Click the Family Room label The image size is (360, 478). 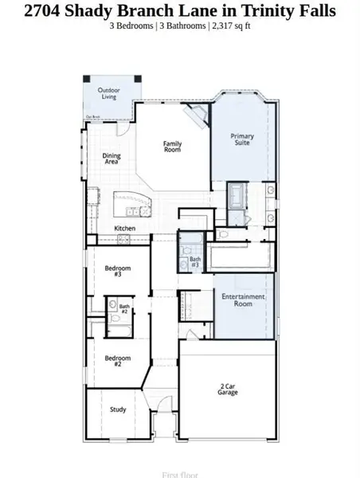pos(172,147)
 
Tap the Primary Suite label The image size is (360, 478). pos(242,139)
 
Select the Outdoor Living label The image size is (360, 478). pos(109,94)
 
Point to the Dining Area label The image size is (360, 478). pos(112,159)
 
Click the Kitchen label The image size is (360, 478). pos(125,229)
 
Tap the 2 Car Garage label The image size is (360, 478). pos(229,390)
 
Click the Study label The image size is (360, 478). pos(118,409)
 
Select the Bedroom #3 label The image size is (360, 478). pos(113,271)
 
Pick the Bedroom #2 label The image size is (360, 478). pos(113,359)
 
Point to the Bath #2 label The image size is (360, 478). pos(124,308)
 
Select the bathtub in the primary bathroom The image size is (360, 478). pos(237,194)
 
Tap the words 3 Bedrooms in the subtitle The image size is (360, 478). pos(133,25)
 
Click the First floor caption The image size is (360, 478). pos(179,474)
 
